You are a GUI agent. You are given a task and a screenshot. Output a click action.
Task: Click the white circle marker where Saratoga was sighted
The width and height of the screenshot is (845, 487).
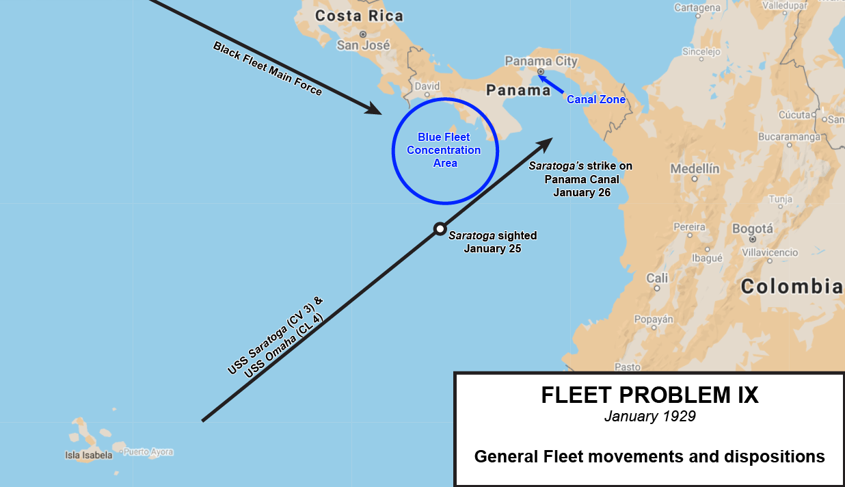click(x=440, y=228)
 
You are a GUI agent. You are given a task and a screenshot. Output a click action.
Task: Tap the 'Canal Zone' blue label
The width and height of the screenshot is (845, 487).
click(x=596, y=100)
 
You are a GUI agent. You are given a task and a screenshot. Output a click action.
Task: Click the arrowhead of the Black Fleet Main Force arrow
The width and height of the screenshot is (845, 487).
click(x=375, y=109)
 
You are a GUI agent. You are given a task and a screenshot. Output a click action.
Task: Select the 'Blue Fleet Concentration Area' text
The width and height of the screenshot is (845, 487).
click(x=444, y=150)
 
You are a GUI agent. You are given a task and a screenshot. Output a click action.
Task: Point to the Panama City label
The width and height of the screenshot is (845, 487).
click(x=541, y=61)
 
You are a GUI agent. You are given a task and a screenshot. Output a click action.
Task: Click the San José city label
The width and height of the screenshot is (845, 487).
click(x=363, y=45)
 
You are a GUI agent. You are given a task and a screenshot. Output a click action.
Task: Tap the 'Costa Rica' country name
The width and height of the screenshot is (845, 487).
click(x=359, y=16)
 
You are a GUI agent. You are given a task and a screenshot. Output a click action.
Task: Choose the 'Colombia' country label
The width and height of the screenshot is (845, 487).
click(x=792, y=286)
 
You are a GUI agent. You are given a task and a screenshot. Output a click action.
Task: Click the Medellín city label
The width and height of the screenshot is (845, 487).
click(x=695, y=168)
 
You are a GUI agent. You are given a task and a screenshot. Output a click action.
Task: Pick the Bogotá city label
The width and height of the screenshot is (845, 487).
click(x=752, y=229)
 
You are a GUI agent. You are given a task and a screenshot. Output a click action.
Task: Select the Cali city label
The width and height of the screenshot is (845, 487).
click(x=657, y=278)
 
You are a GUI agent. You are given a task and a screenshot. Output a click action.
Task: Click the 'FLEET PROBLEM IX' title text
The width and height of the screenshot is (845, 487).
click(x=649, y=395)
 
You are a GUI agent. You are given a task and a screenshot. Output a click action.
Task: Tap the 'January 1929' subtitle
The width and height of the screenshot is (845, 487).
click(x=649, y=416)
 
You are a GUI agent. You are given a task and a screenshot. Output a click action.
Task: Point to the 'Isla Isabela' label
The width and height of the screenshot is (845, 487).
click(x=88, y=455)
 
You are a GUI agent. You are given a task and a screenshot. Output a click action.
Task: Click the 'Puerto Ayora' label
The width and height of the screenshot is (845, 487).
click(x=148, y=452)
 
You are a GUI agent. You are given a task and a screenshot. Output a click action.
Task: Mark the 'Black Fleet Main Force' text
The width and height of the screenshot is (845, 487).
click(x=267, y=68)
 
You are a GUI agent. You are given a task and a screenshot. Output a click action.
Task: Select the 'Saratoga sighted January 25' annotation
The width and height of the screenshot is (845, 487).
click(x=492, y=242)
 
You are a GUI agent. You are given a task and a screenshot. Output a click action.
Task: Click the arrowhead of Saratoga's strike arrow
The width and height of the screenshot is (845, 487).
click(x=546, y=143)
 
